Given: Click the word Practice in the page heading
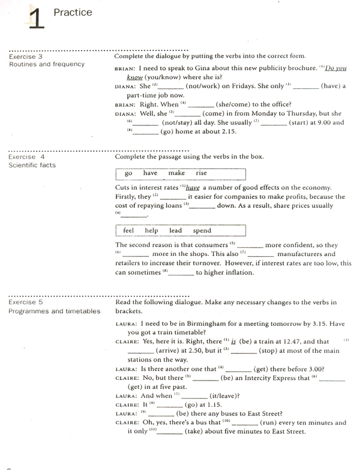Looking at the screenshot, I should tap(73, 12).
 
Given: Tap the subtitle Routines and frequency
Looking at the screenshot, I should tap(47, 64).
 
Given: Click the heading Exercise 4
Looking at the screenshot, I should tap(26, 157).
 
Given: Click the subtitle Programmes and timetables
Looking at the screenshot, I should tap(55, 311).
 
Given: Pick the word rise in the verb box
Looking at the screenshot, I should tap(201, 173).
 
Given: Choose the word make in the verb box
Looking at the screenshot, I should tap(176, 173).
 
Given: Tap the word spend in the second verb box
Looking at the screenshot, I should tap(202, 230).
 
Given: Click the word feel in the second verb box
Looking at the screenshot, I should tap(128, 230).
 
